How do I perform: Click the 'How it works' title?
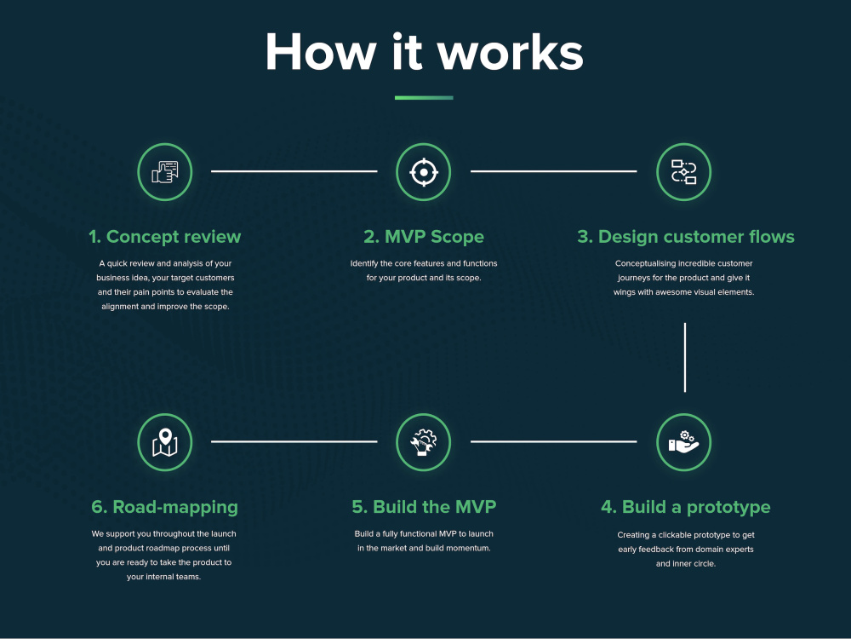pos(424,52)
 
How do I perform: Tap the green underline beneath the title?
pos(424,98)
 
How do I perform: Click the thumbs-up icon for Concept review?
pos(165,172)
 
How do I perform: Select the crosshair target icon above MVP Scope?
pos(423,172)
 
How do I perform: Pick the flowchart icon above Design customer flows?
pos(684,172)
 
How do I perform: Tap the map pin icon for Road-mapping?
pos(165,442)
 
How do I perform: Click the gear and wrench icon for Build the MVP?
pos(423,441)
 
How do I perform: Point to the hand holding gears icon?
pos(684,442)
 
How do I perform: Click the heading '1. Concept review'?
pos(164,237)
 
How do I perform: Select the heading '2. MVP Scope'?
pos(424,237)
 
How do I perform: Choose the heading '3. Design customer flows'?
pos(685,237)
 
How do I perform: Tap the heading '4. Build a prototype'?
pos(685,507)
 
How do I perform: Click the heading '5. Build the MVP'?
pos(424,507)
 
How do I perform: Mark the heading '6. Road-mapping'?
pos(164,507)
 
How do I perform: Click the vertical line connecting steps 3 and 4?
pos(685,357)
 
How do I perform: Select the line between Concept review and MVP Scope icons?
pos(294,171)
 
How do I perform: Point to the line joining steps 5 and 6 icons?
pos(294,441)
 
